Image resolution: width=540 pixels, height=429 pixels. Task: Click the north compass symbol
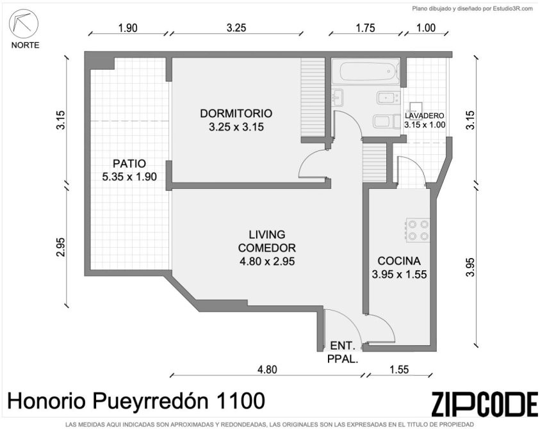coord(24,24)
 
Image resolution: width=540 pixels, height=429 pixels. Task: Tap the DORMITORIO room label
coord(236,113)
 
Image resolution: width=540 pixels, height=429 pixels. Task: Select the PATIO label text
coord(129,163)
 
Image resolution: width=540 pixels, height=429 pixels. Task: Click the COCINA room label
coord(399,261)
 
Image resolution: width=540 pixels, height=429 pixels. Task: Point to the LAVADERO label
coord(424,116)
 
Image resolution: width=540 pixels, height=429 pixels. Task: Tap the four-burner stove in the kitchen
coord(418,231)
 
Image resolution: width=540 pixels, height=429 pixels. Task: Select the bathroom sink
coord(338,97)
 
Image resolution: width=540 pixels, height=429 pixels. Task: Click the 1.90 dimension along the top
coord(127,28)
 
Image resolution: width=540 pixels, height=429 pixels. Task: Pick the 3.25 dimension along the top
coord(236,28)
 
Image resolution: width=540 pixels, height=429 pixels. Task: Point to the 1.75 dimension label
coord(365,28)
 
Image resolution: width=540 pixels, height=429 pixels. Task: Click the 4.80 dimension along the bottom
coord(267,369)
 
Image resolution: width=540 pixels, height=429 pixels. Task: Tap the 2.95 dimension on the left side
coord(61,247)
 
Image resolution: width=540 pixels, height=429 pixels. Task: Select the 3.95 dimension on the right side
coord(470,267)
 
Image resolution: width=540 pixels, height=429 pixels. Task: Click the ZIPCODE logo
coord(484,404)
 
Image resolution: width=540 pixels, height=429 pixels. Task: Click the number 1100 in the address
coord(240,401)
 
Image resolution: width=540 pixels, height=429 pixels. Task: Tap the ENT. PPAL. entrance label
coord(343,352)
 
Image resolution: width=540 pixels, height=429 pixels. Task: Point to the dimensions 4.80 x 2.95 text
coord(267,261)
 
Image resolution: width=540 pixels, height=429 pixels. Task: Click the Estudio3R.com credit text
coord(513,9)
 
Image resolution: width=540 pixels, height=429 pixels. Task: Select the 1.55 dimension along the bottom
coord(399,369)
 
